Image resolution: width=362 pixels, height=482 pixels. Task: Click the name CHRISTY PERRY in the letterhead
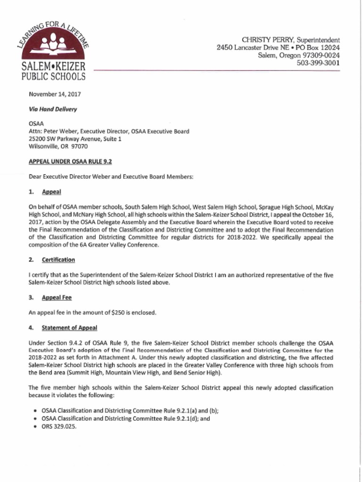click(264, 40)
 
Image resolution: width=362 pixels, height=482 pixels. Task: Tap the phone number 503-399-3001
click(318, 63)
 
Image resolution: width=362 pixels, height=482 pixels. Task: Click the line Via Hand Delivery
click(53, 109)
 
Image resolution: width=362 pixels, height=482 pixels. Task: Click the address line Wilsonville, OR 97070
click(58, 146)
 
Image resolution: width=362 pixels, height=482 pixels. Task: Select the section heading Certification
click(58, 260)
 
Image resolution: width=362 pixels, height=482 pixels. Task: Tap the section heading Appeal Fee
click(57, 297)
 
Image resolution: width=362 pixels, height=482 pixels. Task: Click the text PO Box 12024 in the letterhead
click(317, 48)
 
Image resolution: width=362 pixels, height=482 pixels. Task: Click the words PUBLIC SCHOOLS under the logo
click(53, 77)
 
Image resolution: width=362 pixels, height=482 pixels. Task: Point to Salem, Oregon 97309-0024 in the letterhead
click(298, 55)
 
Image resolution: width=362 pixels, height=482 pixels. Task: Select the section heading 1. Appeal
click(51, 192)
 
